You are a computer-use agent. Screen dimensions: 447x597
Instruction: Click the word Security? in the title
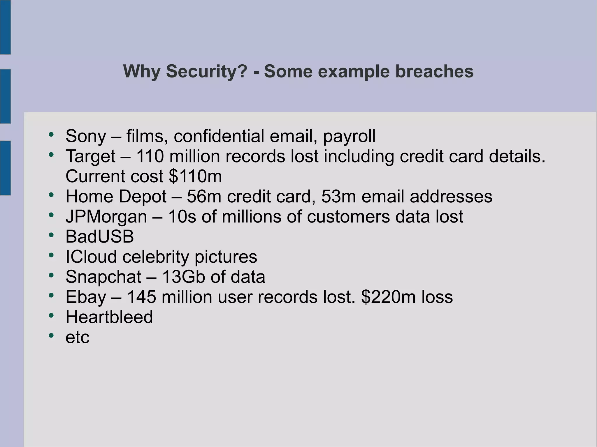click(207, 72)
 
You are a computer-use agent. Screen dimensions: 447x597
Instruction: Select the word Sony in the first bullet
click(86, 136)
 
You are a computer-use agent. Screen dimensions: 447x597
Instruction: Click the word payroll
click(349, 136)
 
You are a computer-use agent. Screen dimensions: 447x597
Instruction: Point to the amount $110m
click(195, 176)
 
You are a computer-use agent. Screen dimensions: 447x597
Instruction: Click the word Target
click(91, 156)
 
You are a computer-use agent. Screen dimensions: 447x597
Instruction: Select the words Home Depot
click(116, 197)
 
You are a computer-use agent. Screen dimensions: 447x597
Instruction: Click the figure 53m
click(338, 197)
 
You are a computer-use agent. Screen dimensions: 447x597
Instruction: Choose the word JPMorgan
click(106, 217)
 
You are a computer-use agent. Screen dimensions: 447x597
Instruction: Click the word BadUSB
click(100, 236)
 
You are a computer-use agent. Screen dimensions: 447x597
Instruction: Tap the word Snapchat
click(103, 277)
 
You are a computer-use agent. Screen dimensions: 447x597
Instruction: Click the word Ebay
click(86, 297)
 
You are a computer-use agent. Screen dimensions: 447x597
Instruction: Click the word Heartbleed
click(109, 317)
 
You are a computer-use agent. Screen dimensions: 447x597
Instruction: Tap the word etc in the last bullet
click(77, 338)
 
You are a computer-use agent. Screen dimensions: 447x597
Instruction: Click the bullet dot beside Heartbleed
click(51, 315)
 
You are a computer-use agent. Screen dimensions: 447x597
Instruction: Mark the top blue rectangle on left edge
click(5, 27)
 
